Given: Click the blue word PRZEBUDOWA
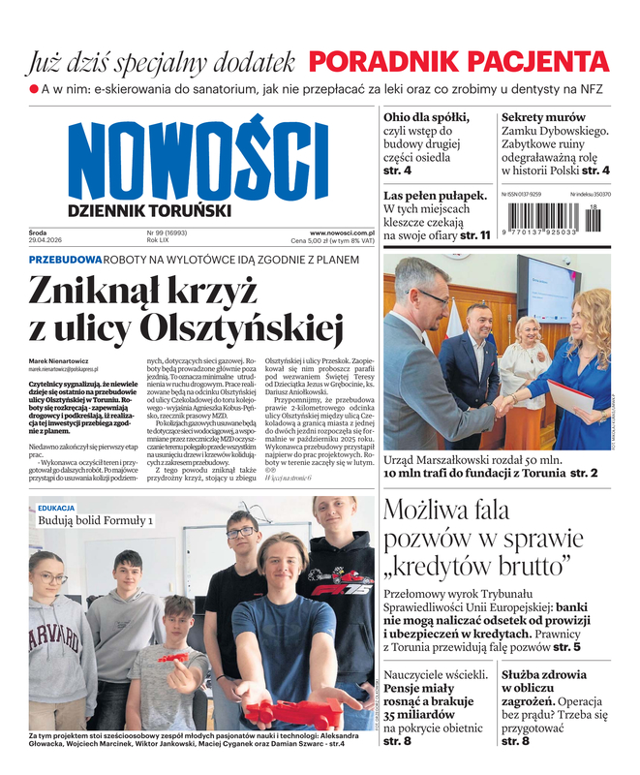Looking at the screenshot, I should pyautogui.click(x=66, y=261).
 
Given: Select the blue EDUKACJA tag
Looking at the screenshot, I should pyautogui.click(x=56, y=507).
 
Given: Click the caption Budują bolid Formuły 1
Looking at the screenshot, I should pyautogui.click(x=96, y=521).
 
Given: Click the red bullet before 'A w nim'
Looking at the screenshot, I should pyautogui.click(x=34, y=89).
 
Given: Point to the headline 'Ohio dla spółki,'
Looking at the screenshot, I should pyautogui.click(x=427, y=116).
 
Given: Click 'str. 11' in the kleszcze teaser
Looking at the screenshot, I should pyautogui.click(x=474, y=234).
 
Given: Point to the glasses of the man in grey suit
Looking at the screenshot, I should pyautogui.click(x=430, y=297).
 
